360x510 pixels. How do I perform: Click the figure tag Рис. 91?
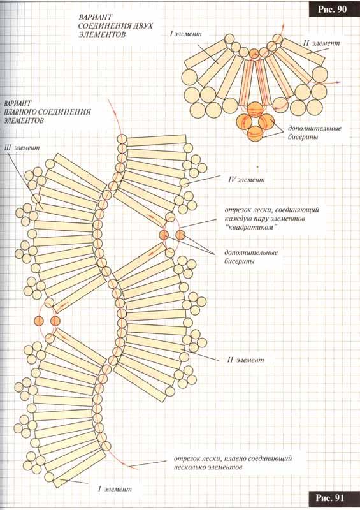pyautogui.click(x=330, y=498)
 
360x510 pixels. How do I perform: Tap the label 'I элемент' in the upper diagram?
pyautogui.click(x=185, y=34)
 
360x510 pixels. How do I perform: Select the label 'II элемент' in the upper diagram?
pyautogui.click(x=321, y=43)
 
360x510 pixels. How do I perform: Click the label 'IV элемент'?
pyautogui.click(x=247, y=180)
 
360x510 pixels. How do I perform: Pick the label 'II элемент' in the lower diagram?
pyautogui.click(x=245, y=360)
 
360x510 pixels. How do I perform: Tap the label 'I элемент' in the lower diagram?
pyautogui.click(x=115, y=489)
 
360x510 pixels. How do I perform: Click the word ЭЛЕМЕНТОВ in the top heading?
pyautogui.click(x=102, y=34)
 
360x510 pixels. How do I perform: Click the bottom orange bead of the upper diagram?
pyautogui.click(x=255, y=134)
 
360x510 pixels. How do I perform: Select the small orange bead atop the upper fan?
pyautogui.click(x=254, y=53)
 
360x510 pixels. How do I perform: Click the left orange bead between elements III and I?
pyautogui.click(x=39, y=321)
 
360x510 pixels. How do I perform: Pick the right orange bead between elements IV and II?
pyautogui.click(x=180, y=235)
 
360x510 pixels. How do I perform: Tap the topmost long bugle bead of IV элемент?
pyautogui.click(x=156, y=140)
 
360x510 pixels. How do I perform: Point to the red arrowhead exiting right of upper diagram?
pyautogui.click(x=338, y=83)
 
